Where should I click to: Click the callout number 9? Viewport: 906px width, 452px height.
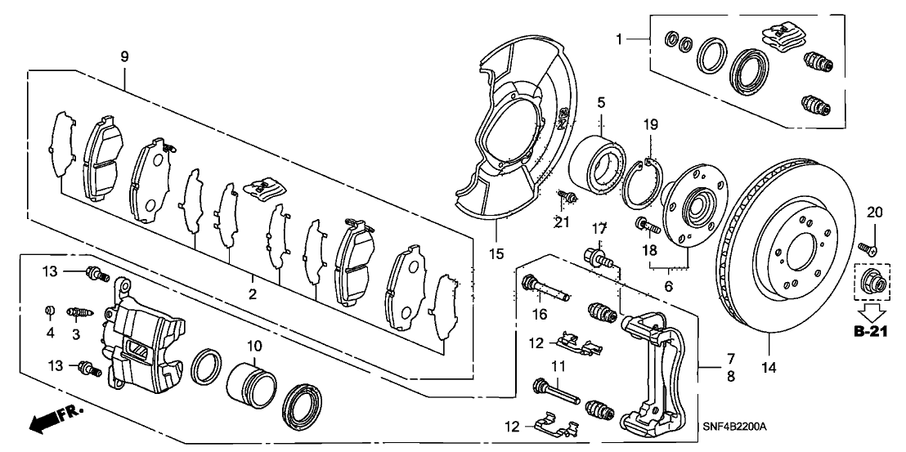point(124,58)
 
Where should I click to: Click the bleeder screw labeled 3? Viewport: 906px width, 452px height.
point(80,311)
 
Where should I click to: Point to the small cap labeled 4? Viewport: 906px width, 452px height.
point(50,310)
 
